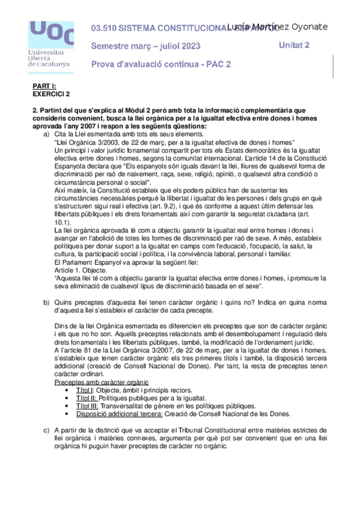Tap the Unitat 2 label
[294, 45]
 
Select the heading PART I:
[44, 86]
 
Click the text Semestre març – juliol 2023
[145, 46]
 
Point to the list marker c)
[46, 430]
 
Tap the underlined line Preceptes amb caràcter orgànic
[102, 382]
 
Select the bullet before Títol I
[73, 390]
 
